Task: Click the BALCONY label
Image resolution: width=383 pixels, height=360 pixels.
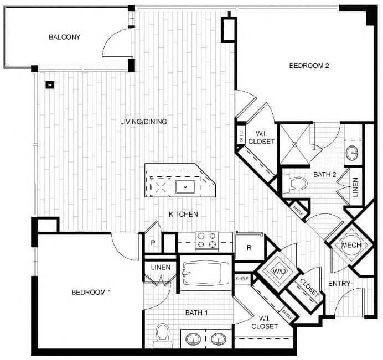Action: click(x=65, y=38)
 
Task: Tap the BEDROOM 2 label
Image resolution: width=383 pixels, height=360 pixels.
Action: click(x=309, y=66)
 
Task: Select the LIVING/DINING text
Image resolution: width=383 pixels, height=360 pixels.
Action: click(x=144, y=122)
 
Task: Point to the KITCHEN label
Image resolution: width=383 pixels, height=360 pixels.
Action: click(x=184, y=214)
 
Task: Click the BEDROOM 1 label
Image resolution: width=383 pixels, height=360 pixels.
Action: click(x=91, y=292)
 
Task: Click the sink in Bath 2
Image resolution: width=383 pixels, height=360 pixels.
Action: click(x=353, y=153)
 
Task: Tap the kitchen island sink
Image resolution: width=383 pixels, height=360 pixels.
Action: click(x=185, y=186)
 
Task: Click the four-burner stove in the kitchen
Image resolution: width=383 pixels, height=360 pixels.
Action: click(x=205, y=241)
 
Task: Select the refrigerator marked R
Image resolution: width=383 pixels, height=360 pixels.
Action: click(x=249, y=247)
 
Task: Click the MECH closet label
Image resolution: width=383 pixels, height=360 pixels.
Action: click(x=351, y=246)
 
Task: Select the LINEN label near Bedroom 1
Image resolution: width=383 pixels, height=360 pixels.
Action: click(x=161, y=267)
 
